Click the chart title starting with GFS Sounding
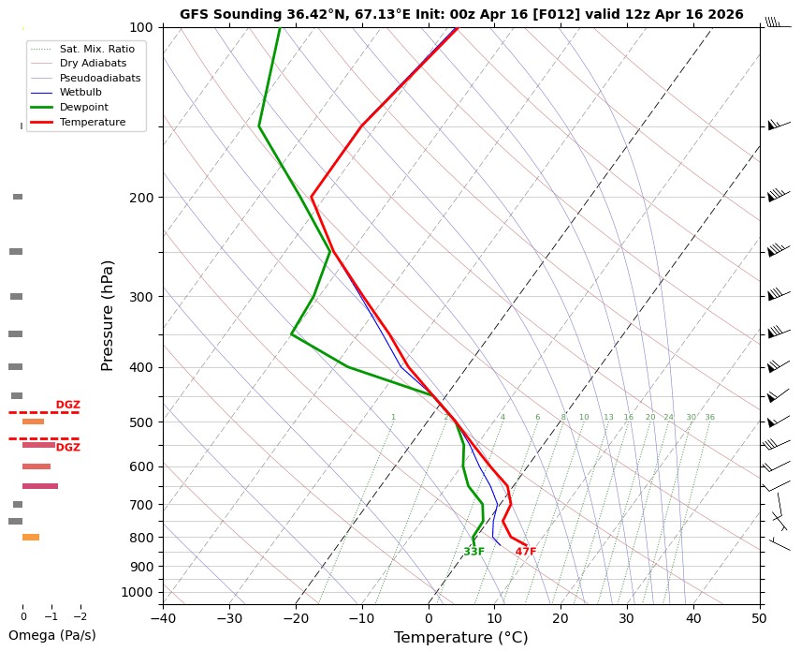click(461, 14)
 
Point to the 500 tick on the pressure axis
click(141, 422)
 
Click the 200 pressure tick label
click(141, 198)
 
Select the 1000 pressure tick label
click(138, 592)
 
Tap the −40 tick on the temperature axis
click(163, 618)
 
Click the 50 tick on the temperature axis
click(759, 618)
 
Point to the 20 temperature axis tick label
click(561, 618)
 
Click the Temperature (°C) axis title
click(460, 638)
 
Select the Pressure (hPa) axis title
click(107, 315)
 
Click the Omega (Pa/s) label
click(51, 635)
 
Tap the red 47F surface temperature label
click(526, 552)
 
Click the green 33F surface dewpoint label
click(474, 552)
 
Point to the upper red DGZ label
click(67, 405)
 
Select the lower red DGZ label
click(67, 448)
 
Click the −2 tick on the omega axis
click(80, 617)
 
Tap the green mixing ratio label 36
click(709, 417)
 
